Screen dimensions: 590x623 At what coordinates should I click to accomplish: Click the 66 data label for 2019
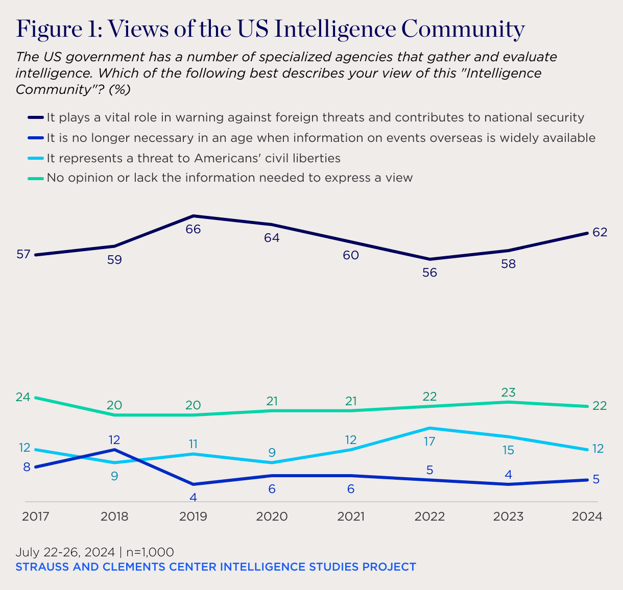(x=193, y=229)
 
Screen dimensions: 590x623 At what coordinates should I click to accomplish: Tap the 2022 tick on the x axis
(x=429, y=517)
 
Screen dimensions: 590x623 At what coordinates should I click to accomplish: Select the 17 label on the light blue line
(x=429, y=441)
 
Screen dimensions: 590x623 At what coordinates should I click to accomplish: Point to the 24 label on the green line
(x=23, y=397)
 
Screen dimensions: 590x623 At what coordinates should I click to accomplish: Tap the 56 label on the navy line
(x=429, y=273)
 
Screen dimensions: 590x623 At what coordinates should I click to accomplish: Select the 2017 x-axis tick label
(x=35, y=517)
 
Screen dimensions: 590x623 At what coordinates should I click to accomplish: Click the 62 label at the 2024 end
(x=600, y=233)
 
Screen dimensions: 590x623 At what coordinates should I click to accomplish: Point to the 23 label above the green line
(x=508, y=392)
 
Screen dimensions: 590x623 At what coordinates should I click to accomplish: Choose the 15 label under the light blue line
(x=508, y=450)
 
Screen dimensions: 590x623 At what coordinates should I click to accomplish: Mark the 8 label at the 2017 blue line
(x=27, y=466)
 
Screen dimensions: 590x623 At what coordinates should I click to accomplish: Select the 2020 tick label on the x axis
(x=272, y=517)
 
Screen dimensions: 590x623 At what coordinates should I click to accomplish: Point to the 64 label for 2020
(x=272, y=238)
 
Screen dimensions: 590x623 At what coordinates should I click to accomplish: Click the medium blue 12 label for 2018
(x=114, y=439)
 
